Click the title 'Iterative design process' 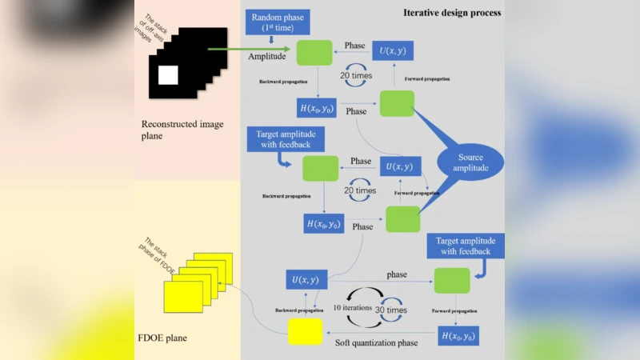pyautogui.click(x=452, y=13)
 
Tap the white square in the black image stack pyautogui.click(x=168, y=76)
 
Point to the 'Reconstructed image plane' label pyautogui.click(x=182, y=130)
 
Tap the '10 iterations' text pyautogui.click(x=353, y=308)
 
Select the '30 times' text pyautogui.click(x=392, y=310)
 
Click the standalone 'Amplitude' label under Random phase pyautogui.click(x=267, y=58)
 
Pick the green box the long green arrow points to pyautogui.click(x=314, y=52)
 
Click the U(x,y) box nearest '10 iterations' pyautogui.click(x=307, y=279)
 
